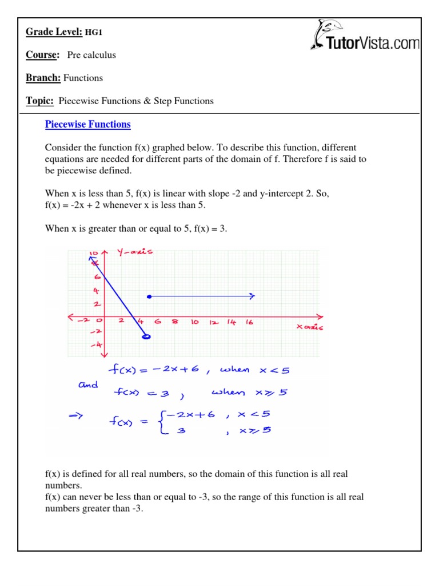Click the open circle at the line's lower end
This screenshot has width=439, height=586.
tap(146, 338)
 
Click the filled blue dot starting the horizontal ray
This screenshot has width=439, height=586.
tap(149, 296)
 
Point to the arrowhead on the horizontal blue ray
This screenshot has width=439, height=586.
tap(252, 296)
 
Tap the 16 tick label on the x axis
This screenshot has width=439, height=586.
tap(249, 322)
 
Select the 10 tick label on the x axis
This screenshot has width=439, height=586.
tap(194, 322)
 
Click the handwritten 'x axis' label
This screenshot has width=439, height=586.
tap(309, 327)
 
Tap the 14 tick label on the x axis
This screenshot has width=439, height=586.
tap(231, 322)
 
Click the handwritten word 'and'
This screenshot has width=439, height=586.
tap(88, 385)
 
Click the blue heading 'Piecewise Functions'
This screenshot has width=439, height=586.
tap(88, 124)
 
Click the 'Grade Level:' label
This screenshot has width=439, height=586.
tap(54, 32)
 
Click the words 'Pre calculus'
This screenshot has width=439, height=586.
tap(91, 55)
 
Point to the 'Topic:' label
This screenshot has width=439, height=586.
tap(39, 101)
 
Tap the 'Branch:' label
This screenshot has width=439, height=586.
tap(43, 78)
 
